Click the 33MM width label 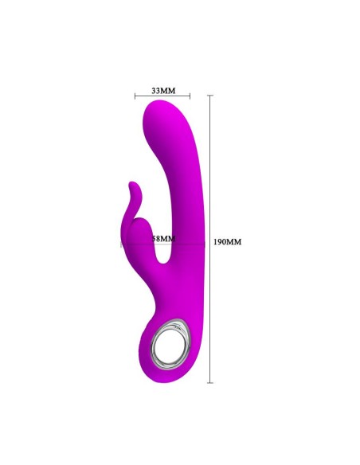162,91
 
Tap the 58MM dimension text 163,238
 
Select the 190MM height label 228,241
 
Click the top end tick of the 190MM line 210,96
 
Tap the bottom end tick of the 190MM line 210,382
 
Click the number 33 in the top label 156,91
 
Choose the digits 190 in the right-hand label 222,241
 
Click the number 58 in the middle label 158,238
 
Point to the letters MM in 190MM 235,241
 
